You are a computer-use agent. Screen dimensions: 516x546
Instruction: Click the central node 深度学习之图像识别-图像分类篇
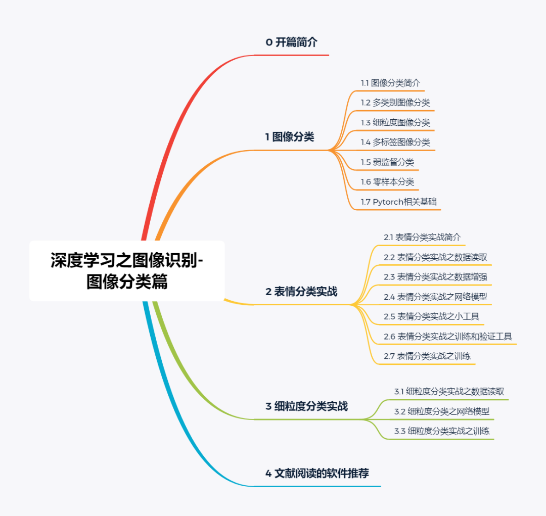tap(127, 271)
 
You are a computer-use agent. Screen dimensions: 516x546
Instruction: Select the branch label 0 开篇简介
tap(292, 42)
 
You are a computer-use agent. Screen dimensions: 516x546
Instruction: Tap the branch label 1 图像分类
tap(290, 136)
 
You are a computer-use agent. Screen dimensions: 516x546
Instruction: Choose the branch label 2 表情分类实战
tap(301, 292)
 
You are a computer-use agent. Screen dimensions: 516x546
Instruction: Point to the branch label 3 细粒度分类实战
tap(307, 406)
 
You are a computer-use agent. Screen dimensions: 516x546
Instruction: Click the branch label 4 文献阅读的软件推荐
tap(317, 474)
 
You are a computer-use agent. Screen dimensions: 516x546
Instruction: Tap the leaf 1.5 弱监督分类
tap(387, 162)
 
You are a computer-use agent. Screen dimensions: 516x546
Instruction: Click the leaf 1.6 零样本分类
tap(387, 182)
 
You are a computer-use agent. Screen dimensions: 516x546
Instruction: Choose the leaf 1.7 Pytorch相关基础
tap(398, 202)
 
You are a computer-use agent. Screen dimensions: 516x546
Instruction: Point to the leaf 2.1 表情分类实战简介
tap(422, 237)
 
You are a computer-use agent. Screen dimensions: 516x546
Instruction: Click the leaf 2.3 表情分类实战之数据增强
tap(435, 277)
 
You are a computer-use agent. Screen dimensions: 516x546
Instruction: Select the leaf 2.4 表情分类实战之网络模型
tap(435, 297)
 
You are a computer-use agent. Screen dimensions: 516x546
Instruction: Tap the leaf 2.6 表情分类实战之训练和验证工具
tap(448, 337)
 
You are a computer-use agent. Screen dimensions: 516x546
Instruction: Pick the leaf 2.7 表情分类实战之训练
tap(427, 356)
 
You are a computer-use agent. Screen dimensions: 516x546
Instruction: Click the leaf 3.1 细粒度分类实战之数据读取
tap(449, 391)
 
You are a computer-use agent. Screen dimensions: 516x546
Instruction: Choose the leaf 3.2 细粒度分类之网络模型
tap(442, 411)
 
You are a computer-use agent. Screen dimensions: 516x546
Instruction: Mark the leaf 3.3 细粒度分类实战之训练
tap(442, 431)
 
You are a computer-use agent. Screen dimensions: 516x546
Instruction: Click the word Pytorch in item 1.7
tap(388, 202)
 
